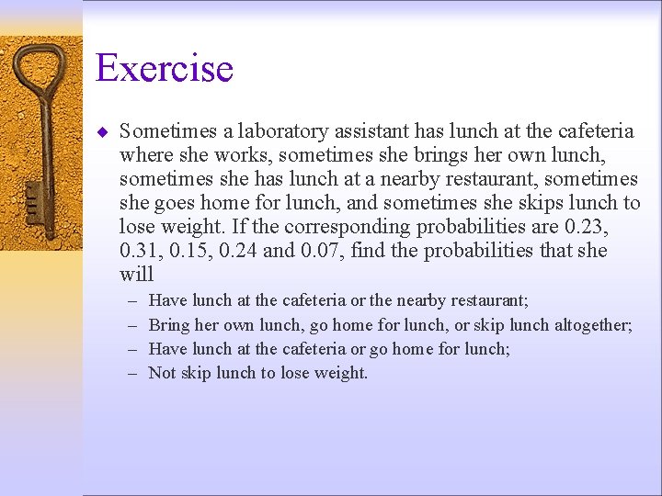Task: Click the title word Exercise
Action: coord(165,69)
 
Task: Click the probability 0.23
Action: coord(587,227)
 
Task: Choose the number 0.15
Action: coord(191,251)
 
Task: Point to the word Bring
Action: coord(168,324)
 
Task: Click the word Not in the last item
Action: coord(162,373)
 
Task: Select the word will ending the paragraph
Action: coord(136,275)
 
